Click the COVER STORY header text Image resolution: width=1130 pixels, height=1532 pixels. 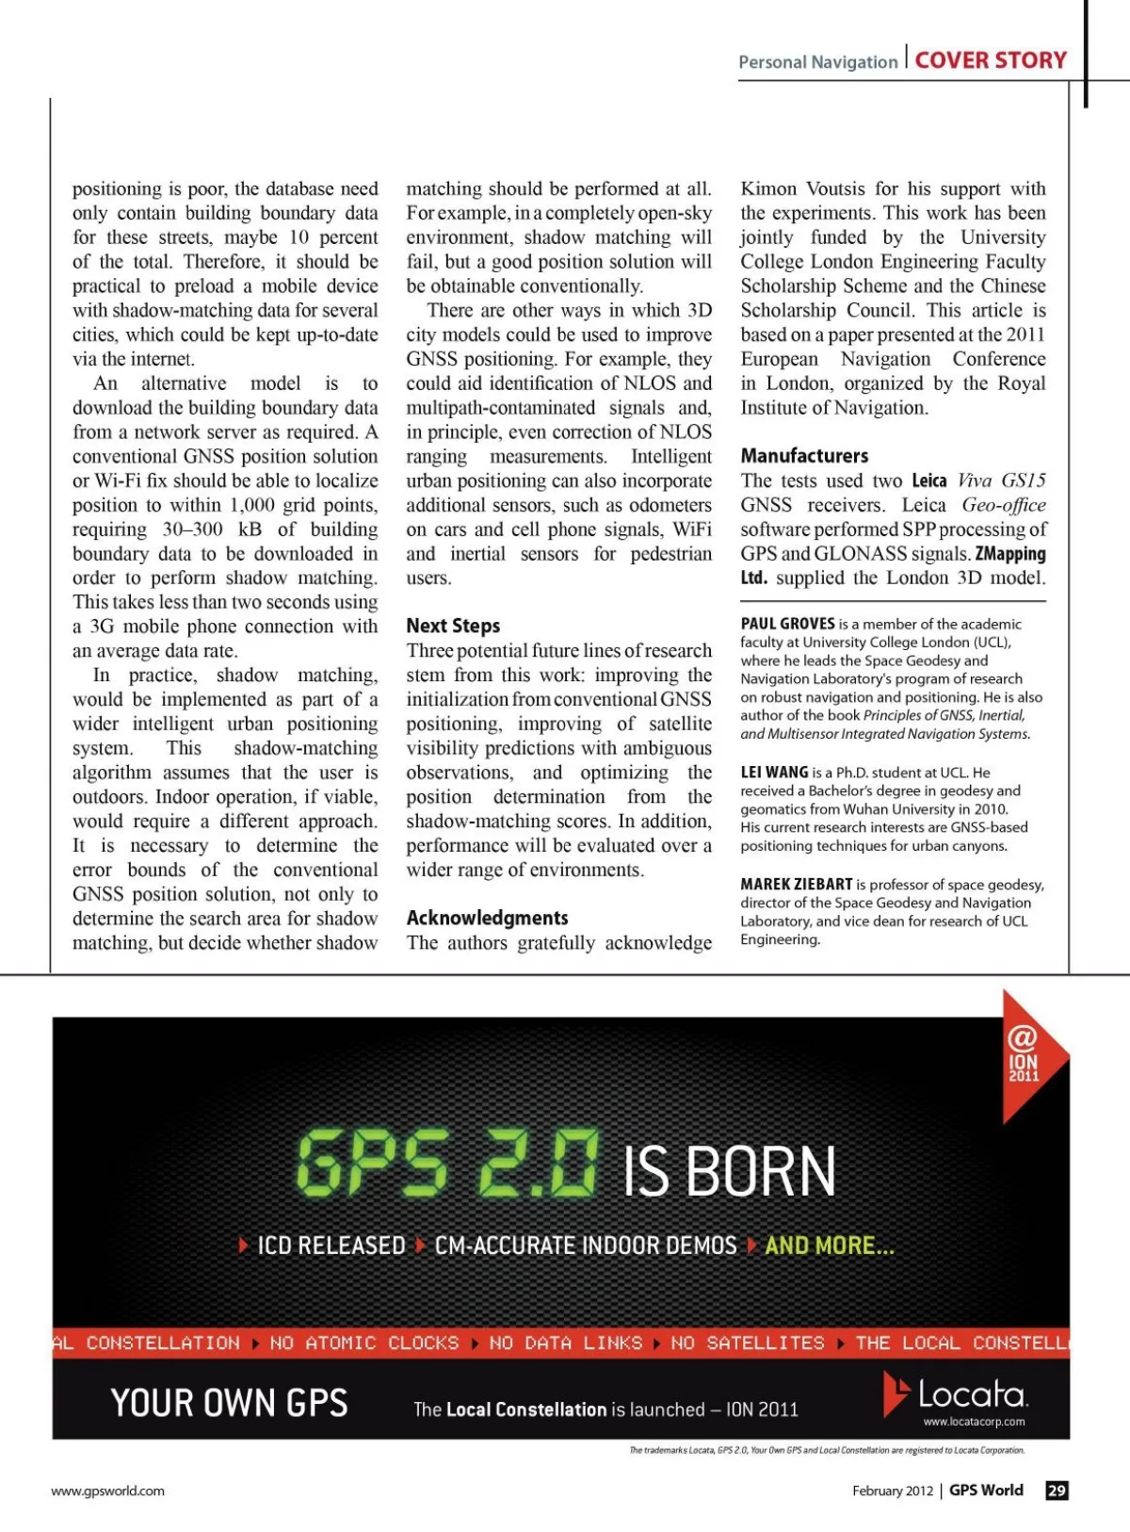tap(991, 60)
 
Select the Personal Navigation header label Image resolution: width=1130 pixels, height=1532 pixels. tap(817, 62)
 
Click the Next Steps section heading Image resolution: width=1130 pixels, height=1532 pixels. tap(453, 626)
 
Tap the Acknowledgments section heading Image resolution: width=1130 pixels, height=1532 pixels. tap(487, 918)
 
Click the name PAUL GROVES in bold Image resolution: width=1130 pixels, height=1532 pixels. tap(787, 624)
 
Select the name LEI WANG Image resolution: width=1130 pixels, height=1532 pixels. tap(774, 773)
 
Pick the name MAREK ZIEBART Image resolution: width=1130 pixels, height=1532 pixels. tap(796, 885)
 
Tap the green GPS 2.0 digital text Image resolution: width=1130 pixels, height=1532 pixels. tap(446, 1165)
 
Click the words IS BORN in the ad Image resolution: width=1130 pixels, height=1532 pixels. tap(729, 1172)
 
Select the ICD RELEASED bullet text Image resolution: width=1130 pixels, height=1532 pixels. tap(331, 1246)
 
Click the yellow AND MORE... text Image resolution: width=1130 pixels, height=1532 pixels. tap(829, 1246)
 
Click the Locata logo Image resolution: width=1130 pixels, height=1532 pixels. tap(956, 1393)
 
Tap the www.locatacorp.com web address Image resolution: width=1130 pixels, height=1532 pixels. tap(974, 1422)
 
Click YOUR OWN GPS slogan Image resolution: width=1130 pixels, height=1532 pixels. tap(229, 1403)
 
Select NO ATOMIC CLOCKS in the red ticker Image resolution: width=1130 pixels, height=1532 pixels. tap(364, 1343)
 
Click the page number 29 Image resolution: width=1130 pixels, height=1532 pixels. tap(1057, 1491)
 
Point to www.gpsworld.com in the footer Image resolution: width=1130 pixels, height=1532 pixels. tap(107, 1491)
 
